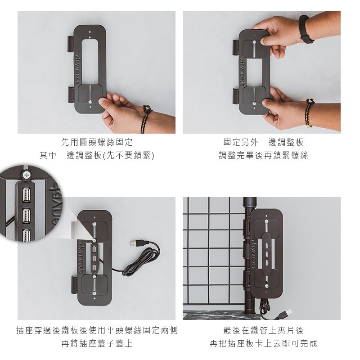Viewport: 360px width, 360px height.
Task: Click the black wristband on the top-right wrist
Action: tap(305, 29)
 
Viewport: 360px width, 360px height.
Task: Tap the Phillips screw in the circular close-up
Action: tap(27, 175)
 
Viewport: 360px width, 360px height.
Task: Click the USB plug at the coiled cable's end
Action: tap(136, 243)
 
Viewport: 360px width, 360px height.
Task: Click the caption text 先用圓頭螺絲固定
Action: tap(97, 142)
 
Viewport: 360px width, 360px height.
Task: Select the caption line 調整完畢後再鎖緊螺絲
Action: tap(263, 155)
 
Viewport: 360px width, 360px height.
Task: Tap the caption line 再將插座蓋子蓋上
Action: tap(97, 344)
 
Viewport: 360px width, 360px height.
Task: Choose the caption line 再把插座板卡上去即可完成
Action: tap(263, 344)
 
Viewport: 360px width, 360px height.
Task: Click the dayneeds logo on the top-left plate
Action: tap(77, 69)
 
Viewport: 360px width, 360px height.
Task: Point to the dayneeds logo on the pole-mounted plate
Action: tap(253, 254)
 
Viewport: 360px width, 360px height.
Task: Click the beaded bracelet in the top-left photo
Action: tap(145, 119)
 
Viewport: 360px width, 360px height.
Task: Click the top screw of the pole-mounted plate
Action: tap(266, 222)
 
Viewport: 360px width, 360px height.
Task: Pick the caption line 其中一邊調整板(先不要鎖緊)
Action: tap(97, 155)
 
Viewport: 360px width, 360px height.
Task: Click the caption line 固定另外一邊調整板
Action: tap(263, 142)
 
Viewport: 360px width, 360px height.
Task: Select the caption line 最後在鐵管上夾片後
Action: tap(263, 331)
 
